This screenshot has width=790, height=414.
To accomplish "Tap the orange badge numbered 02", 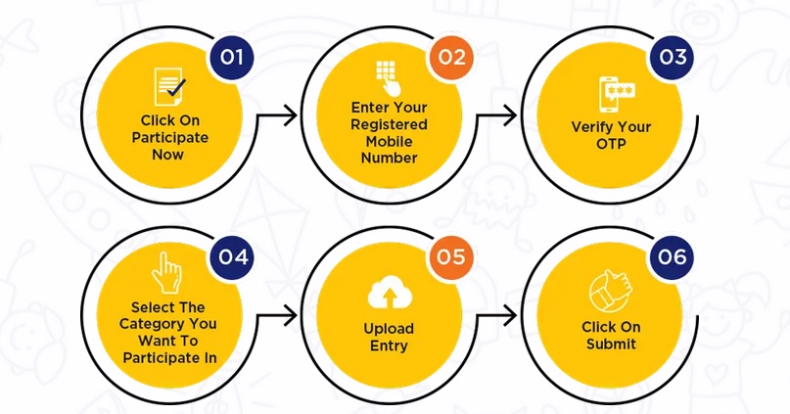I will [x=451, y=57].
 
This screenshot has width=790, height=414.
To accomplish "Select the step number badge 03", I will [x=673, y=57].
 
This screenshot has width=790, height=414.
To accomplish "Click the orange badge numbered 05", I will [x=451, y=258].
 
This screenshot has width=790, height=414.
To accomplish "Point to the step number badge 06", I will [x=673, y=258].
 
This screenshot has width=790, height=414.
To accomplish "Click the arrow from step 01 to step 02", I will [x=277, y=115].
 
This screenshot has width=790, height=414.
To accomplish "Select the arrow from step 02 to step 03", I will [x=498, y=115].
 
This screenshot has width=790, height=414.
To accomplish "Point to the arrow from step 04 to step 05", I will [x=277, y=316].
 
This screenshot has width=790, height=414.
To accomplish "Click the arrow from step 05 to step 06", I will [x=498, y=316].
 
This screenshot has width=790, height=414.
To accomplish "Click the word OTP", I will [x=612, y=143].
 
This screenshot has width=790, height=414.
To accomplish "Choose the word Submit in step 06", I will [x=611, y=344].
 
